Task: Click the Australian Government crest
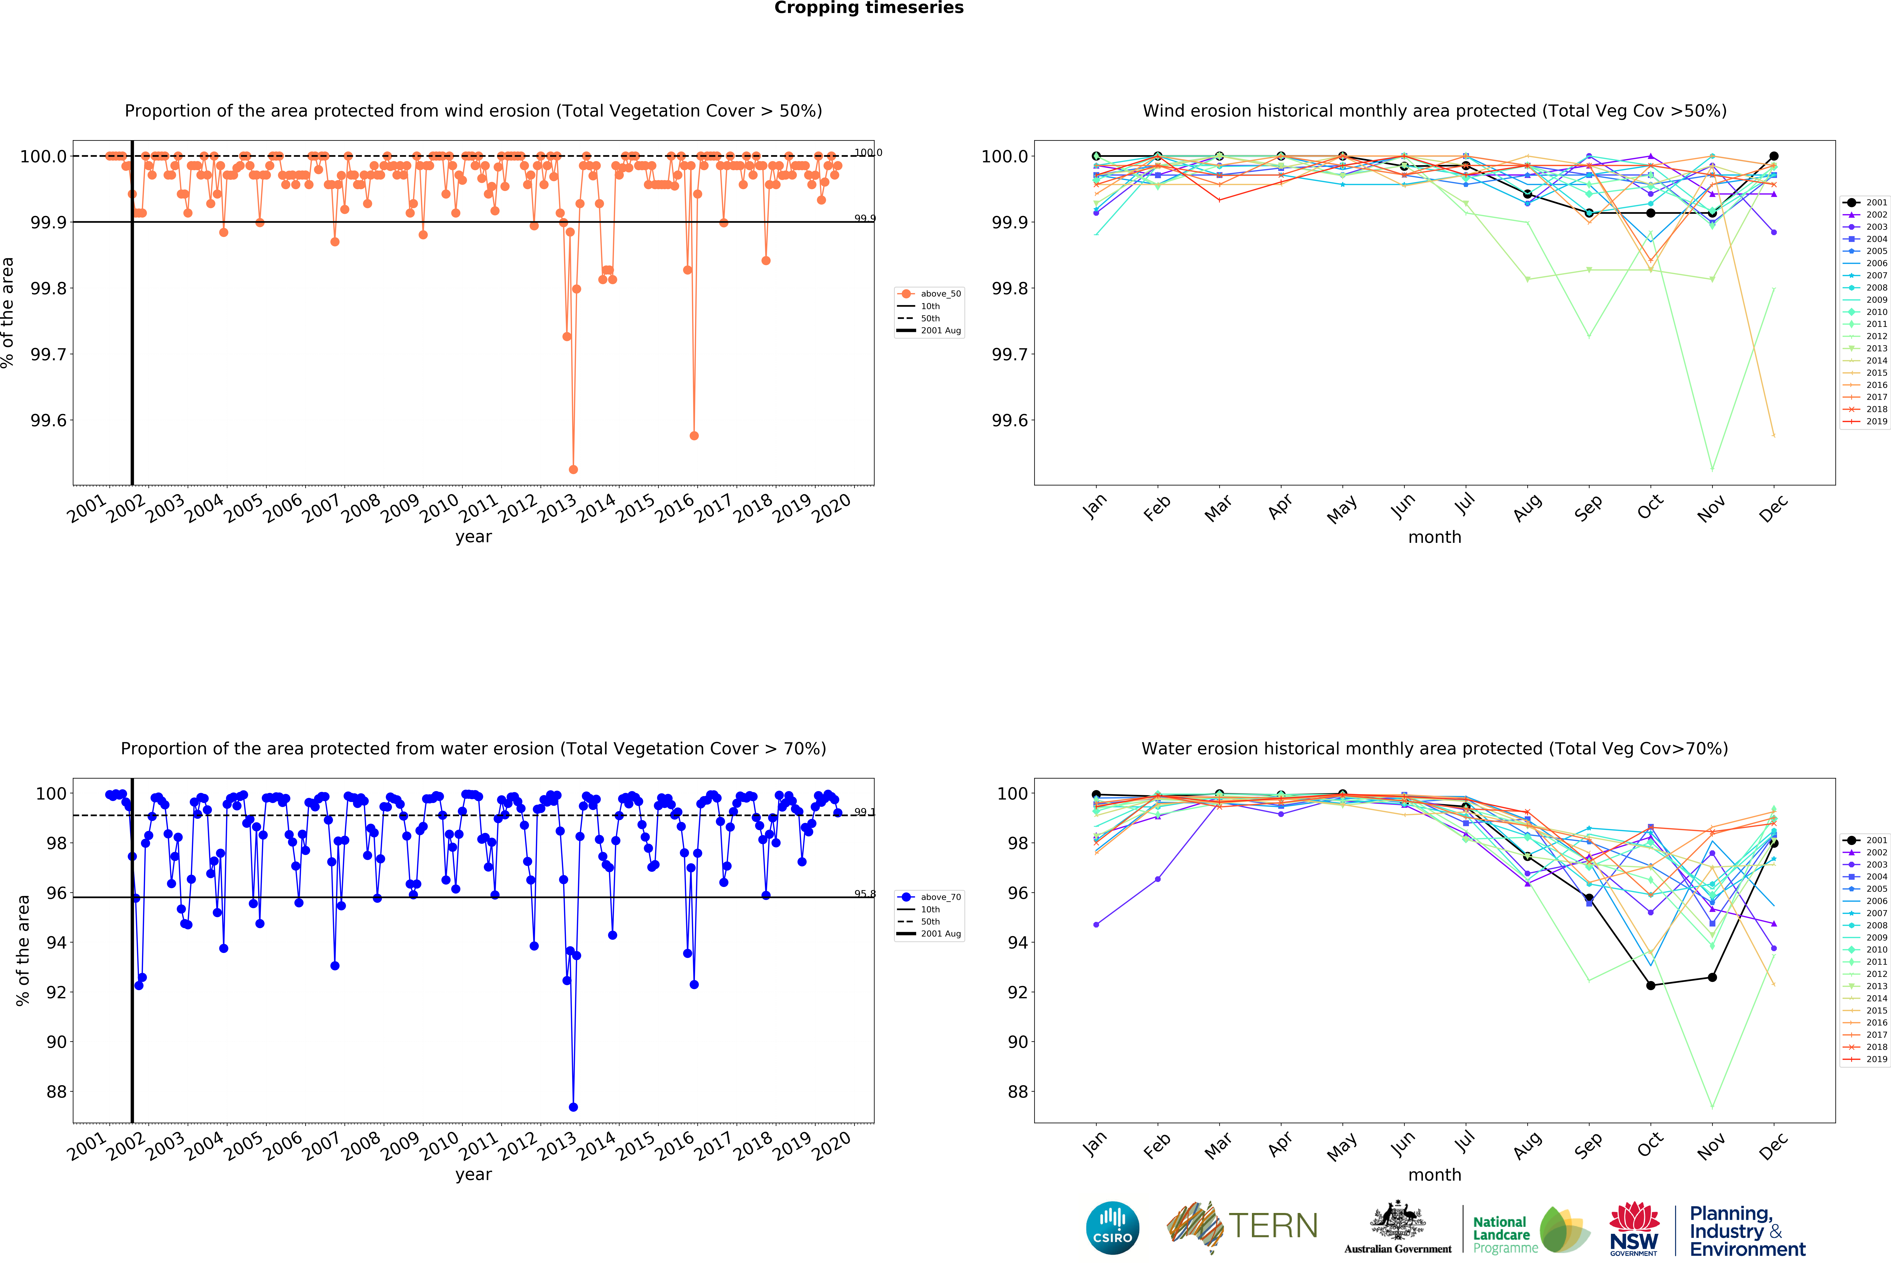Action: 1397,1220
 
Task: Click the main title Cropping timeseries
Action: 868,8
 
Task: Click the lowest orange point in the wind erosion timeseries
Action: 573,469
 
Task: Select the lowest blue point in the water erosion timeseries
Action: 573,1107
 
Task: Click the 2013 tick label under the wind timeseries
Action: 557,508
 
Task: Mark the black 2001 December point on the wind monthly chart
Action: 1774,156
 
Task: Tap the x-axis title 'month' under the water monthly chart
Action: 1435,1174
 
